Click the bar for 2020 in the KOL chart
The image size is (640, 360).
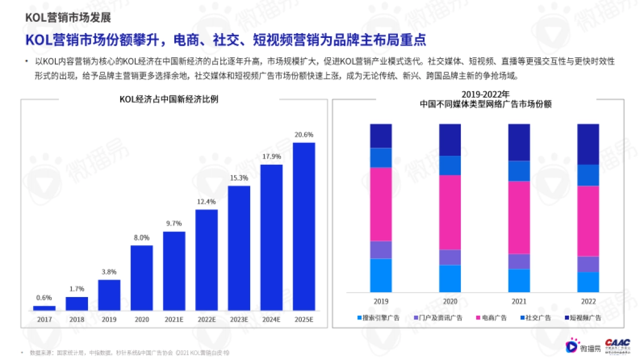[141, 278]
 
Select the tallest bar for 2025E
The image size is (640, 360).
[304, 227]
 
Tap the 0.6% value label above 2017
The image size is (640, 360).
[44, 298]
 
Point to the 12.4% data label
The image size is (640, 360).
[206, 202]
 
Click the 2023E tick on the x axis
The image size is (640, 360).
[239, 319]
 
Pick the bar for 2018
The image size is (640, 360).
[76, 303]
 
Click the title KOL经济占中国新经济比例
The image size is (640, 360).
[174, 100]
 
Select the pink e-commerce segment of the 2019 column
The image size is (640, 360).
[381, 204]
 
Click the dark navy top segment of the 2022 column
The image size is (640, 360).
[589, 144]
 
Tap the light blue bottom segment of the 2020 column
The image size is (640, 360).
[450, 278]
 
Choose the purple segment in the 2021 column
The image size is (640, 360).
[519, 261]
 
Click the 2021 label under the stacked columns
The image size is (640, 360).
[519, 301]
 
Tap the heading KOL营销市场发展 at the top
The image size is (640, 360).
[68, 17]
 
